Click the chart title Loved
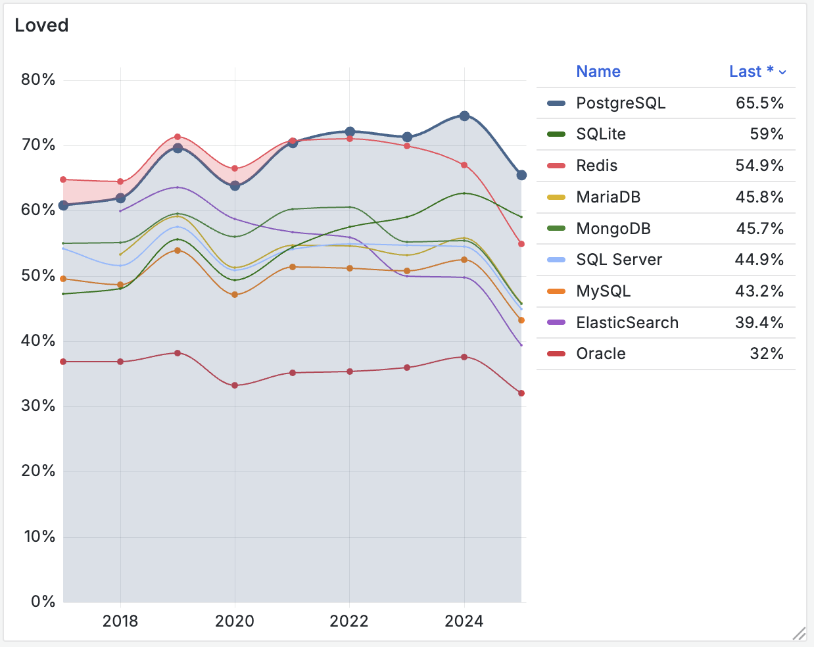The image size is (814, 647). coord(41,25)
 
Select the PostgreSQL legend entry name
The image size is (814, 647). coord(620,103)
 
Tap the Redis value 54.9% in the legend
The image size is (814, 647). coord(759,166)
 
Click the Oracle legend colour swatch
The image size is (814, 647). coord(556,354)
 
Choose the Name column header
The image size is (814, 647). coord(598,72)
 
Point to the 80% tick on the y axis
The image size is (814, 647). coord(38,80)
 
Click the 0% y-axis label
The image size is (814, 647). coord(43,601)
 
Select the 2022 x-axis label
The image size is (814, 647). coord(349,621)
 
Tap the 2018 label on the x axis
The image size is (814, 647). coord(120,621)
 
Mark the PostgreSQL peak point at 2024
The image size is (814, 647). coord(464,116)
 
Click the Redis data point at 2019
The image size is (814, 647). coord(178,137)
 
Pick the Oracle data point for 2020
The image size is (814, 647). coord(235,385)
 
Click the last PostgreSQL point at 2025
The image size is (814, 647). coord(521,175)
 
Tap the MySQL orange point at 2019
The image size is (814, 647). coord(178,251)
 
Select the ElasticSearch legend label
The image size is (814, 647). coord(627,323)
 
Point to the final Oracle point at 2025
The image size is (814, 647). coord(521,393)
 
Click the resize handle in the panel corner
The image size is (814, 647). coord(799,633)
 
